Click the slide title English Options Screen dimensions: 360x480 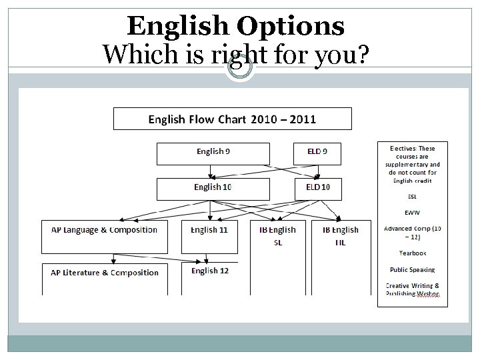coord(235,26)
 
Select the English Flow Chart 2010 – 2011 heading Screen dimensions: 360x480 coord(232,120)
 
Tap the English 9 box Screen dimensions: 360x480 coord(213,153)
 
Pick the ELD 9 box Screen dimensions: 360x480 coord(317,153)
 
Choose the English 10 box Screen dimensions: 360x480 coord(213,188)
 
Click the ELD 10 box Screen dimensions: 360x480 coord(317,188)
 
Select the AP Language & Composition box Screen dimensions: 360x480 coord(105,235)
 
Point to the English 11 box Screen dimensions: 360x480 coord(209,235)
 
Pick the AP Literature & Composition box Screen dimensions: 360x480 coord(105,277)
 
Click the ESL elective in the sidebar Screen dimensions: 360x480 coord(413,197)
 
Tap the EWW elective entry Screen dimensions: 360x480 coord(413,213)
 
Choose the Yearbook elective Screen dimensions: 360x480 coord(413,253)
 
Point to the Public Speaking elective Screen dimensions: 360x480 coord(413,270)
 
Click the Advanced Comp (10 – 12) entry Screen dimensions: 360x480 coord(413,233)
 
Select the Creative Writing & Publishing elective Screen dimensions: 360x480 coord(413,289)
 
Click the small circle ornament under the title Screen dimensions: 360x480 coord(239,68)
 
